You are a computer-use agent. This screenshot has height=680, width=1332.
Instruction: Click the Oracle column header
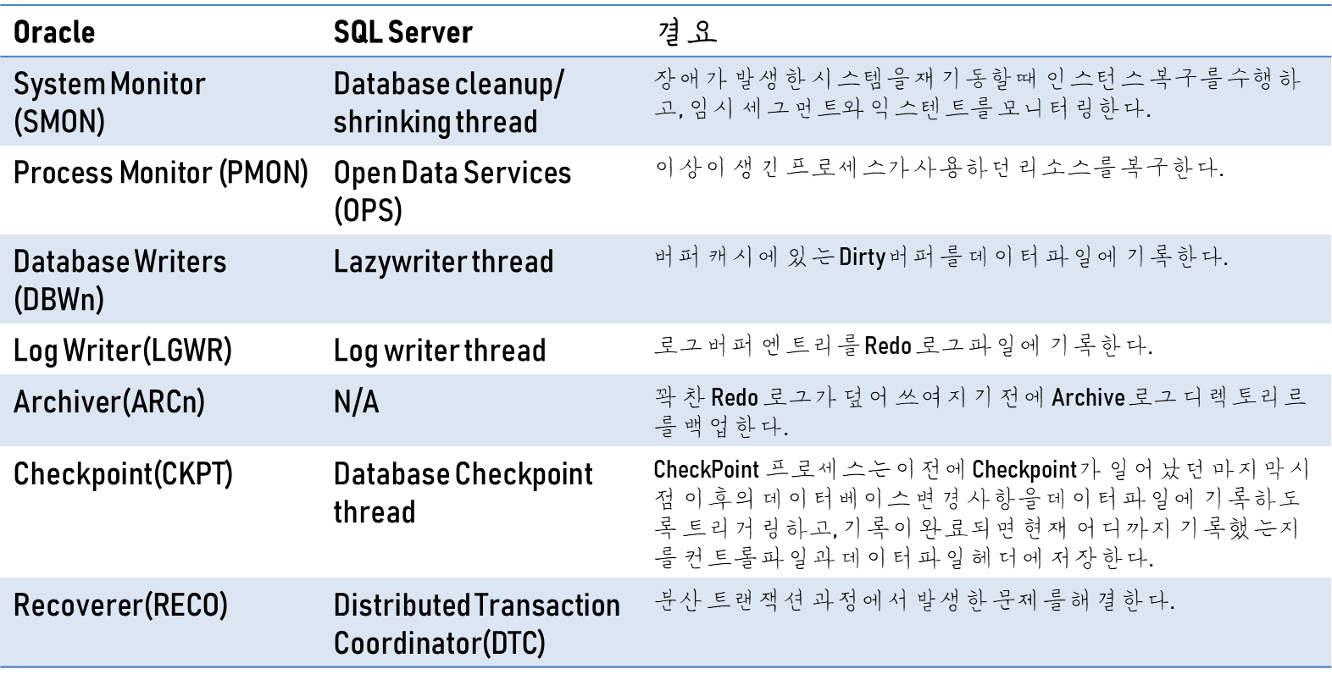(54, 32)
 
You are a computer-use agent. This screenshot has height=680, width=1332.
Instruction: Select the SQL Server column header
(402, 32)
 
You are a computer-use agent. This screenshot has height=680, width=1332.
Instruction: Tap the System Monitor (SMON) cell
(109, 102)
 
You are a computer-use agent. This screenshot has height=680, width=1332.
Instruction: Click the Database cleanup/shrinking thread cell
(448, 102)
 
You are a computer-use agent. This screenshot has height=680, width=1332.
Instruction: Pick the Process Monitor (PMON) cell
(161, 173)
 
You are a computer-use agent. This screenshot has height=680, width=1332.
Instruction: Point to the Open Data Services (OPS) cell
(452, 191)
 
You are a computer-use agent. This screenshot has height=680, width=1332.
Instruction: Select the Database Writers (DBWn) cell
(119, 279)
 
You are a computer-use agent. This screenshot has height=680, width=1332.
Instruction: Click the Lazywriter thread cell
(443, 262)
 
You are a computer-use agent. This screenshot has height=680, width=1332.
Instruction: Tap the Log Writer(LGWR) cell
(123, 350)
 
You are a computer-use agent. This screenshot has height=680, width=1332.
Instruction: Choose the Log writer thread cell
(440, 351)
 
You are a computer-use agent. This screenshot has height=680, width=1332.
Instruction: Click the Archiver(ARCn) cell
(109, 401)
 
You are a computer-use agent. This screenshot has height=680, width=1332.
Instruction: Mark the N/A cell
(357, 401)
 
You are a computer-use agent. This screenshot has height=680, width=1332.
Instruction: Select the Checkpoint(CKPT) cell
(123, 474)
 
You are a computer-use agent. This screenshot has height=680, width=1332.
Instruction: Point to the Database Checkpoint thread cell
(463, 492)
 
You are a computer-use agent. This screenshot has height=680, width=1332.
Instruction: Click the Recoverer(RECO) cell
(120, 605)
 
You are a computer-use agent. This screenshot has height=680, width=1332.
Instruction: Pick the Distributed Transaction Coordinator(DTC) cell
(476, 623)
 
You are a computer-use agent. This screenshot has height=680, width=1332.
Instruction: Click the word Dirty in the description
(862, 257)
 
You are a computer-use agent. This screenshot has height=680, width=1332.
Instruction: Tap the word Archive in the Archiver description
(1088, 397)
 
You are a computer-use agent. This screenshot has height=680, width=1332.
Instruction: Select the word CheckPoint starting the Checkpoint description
(706, 469)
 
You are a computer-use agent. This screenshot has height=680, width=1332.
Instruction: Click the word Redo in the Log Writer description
(887, 346)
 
